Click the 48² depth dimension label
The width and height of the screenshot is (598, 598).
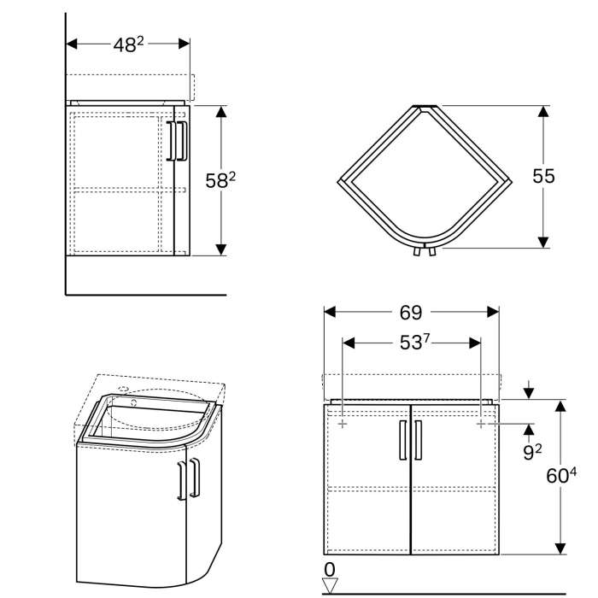[x=128, y=45]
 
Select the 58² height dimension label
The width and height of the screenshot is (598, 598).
[x=220, y=179]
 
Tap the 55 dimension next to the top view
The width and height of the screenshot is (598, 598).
[x=543, y=176]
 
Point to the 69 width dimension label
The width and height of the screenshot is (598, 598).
[x=411, y=312]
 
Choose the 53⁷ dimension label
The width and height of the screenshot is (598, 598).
[x=411, y=343]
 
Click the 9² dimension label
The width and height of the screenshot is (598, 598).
[x=531, y=452]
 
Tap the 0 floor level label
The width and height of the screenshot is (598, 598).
[x=329, y=569]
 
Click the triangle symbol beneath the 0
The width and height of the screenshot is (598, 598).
[x=330, y=585]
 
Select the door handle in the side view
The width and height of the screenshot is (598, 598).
[x=177, y=141]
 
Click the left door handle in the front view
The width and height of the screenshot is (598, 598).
[x=403, y=440]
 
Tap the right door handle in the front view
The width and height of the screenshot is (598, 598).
[x=419, y=440]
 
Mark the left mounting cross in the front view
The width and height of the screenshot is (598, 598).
[x=343, y=424]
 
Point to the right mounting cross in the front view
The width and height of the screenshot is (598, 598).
[x=480, y=424]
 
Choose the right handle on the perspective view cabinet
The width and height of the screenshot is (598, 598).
[x=196, y=478]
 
